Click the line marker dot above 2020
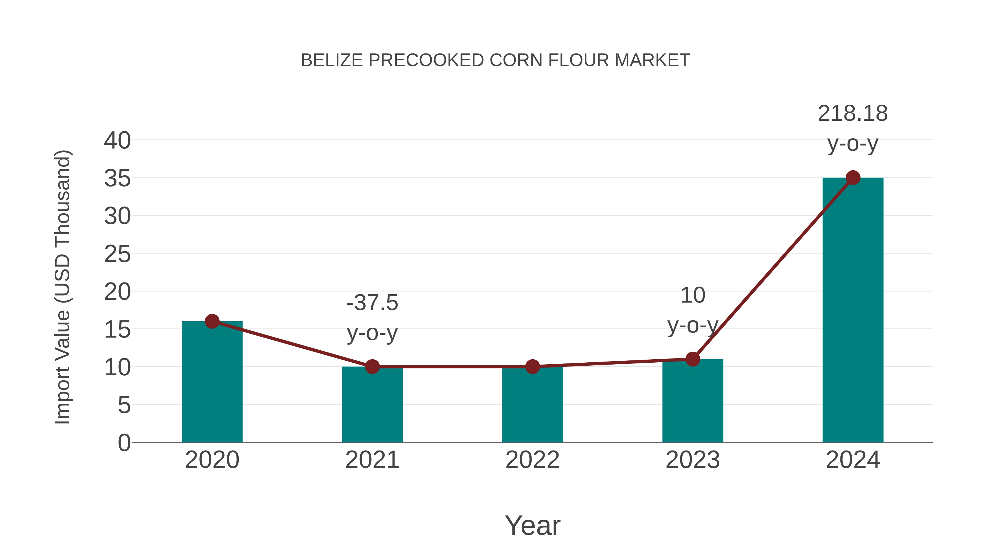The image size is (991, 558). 212,321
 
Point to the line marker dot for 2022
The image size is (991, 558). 532,366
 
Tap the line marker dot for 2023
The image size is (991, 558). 693,359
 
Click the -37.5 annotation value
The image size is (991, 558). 372,303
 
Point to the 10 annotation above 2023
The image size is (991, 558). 693,296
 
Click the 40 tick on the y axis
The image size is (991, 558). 117,141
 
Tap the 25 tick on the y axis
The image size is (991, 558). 117,254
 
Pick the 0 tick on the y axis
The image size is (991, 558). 124,443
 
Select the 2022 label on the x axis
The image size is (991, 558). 532,460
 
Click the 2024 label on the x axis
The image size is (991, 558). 853,460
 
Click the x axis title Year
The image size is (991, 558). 532,526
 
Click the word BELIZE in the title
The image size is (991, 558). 332,60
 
